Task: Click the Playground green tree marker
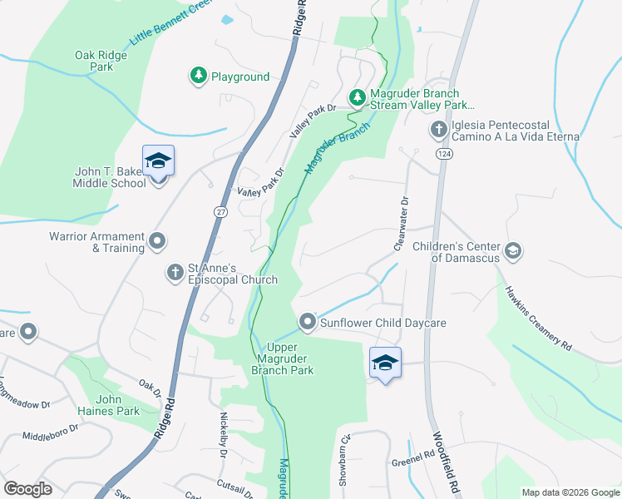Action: (198, 77)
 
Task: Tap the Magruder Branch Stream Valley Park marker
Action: (357, 99)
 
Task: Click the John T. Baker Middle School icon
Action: (157, 161)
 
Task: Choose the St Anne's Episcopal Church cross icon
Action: (175, 272)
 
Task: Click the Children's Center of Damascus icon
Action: (513, 249)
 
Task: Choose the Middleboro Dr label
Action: (50, 433)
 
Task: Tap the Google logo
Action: (27, 489)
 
